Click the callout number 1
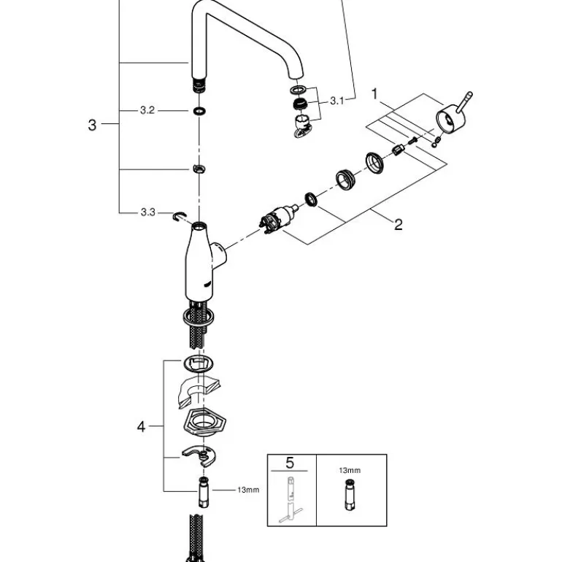click(x=375, y=93)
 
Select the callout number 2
click(x=398, y=224)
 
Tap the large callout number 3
click(x=92, y=125)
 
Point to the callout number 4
click(x=142, y=426)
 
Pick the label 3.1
click(x=336, y=101)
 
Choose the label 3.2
click(x=147, y=111)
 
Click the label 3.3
click(x=147, y=212)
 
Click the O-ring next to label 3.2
click(x=199, y=111)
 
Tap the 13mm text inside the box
click(x=350, y=471)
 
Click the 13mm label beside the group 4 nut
click(x=248, y=490)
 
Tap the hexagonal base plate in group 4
click(x=201, y=423)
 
